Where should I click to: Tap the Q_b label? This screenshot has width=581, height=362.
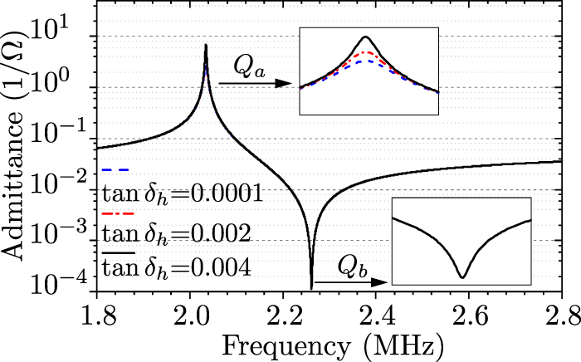click(x=353, y=267)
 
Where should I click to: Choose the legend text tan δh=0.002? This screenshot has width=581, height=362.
click(x=176, y=233)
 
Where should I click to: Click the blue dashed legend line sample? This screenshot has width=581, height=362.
click(x=114, y=169)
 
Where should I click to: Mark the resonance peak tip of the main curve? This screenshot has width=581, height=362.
click(x=206, y=45)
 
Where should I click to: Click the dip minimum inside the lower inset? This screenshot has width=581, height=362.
click(x=463, y=276)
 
